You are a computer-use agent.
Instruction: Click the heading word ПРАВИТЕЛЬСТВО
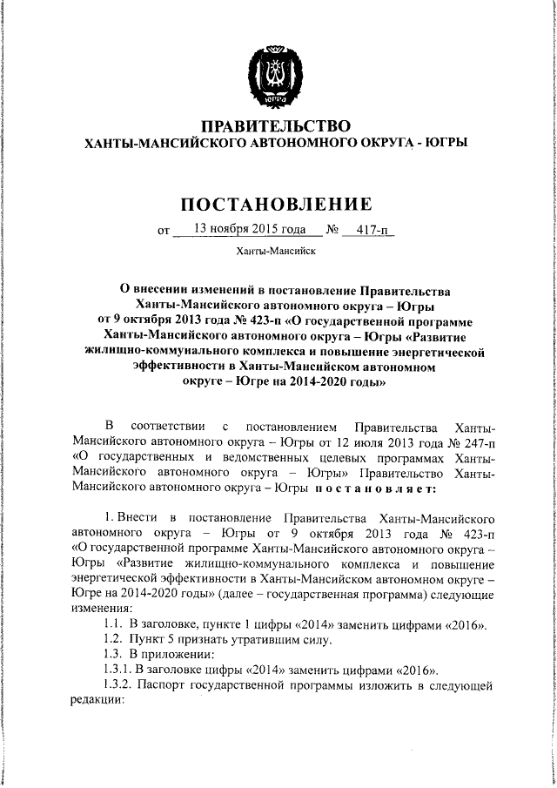click(277, 127)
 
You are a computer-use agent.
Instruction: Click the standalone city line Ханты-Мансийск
click(276, 253)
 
